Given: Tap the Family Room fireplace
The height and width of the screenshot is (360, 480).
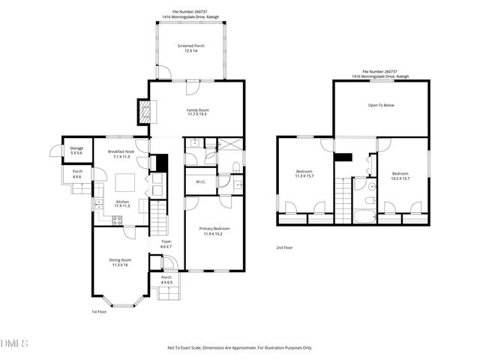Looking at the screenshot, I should [x=145, y=112].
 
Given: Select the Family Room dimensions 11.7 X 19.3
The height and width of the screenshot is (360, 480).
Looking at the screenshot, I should [x=198, y=115].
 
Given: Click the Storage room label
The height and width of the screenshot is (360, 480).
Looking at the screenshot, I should [x=76, y=151].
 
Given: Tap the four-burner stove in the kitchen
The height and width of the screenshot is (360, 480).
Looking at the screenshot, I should [x=118, y=220].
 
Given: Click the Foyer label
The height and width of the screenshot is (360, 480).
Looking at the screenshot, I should [x=166, y=241].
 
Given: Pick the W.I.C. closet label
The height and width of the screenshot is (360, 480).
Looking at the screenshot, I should [x=201, y=181].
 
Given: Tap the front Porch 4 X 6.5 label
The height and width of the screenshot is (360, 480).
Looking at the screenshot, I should [x=166, y=280].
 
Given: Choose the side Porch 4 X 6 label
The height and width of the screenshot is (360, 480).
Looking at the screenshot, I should [x=77, y=174].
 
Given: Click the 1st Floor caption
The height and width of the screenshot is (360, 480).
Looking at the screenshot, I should [x=100, y=311].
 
